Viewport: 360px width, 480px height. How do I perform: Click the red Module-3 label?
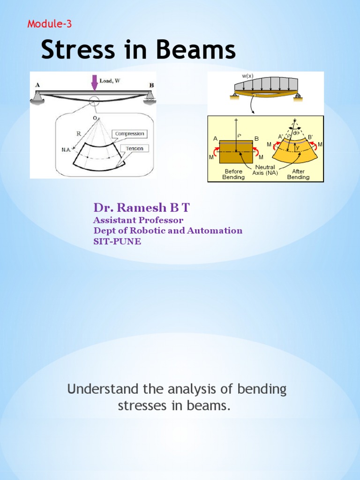pos(50,24)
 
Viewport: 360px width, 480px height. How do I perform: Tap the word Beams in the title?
pos(197,50)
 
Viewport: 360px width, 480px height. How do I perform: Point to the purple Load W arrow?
pos(94,82)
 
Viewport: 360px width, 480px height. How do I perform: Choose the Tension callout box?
pos(134,148)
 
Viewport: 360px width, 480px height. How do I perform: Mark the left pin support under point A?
pos(37,97)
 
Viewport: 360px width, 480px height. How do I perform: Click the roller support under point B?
pos(150,97)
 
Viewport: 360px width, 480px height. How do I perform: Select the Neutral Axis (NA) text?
pos(265,170)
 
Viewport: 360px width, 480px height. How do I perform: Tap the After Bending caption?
pos(298,174)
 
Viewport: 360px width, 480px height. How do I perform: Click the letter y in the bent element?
pos(297,148)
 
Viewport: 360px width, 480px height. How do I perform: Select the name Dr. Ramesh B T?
pos(142,208)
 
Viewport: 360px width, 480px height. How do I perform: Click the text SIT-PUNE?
pos(117,241)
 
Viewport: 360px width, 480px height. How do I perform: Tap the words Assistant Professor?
pos(138,220)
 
